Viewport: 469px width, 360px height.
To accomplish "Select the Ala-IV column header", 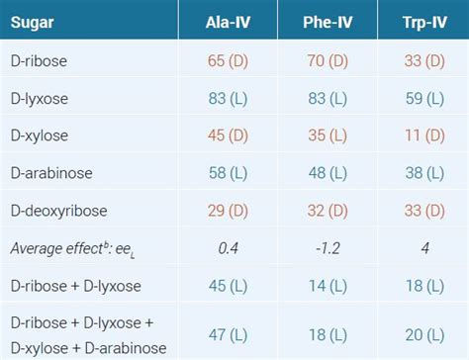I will [x=234, y=19].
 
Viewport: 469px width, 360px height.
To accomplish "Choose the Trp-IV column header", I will [x=423, y=19].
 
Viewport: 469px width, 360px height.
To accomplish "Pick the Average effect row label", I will [x=69, y=247].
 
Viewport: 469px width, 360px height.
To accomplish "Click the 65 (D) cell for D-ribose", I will [x=234, y=61].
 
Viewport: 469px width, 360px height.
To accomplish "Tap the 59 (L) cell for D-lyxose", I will [x=423, y=99].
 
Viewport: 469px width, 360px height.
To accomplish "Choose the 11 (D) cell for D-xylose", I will [x=423, y=135].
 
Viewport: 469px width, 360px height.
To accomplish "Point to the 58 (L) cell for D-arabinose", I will [x=234, y=173].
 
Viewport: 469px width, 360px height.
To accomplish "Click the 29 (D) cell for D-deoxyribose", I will [x=234, y=211].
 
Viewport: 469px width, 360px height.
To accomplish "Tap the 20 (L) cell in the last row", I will [x=423, y=334].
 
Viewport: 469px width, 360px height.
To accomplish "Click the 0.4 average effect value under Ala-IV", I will [x=234, y=247].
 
